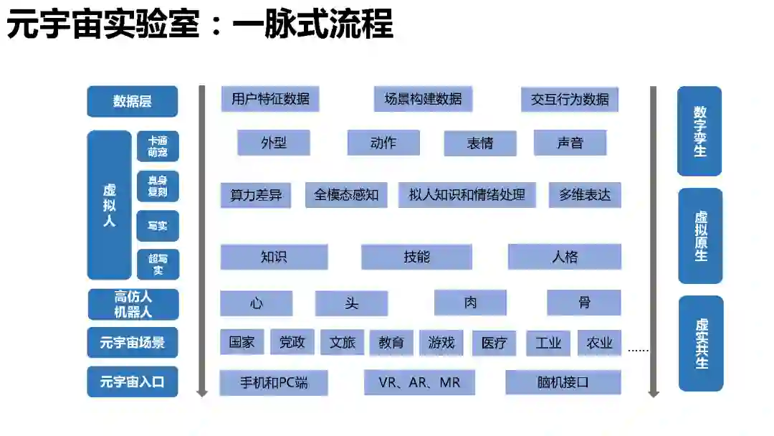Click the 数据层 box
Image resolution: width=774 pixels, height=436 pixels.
click(132, 101)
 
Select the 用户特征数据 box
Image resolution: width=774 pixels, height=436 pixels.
click(270, 99)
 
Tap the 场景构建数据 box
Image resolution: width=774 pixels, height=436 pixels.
click(423, 99)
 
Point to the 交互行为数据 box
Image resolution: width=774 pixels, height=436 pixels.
click(570, 100)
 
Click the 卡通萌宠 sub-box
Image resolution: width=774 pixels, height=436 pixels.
click(158, 146)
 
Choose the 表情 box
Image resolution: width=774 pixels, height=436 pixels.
click(480, 143)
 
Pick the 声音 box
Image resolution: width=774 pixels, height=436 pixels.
click(570, 143)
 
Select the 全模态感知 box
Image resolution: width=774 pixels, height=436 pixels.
click(346, 195)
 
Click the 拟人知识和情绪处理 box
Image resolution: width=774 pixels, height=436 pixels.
click(467, 195)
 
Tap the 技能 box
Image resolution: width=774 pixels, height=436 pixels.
click(416, 257)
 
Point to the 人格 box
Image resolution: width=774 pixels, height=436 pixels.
click(565, 257)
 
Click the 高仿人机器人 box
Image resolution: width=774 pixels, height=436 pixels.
click(133, 304)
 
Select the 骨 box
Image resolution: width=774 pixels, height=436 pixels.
click(584, 303)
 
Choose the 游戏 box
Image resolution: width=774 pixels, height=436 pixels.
click(441, 343)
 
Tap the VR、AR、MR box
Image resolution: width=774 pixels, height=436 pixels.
click(419, 382)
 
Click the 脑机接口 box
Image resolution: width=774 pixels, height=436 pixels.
click(563, 382)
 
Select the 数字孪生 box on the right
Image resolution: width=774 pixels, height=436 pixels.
click(699, 131)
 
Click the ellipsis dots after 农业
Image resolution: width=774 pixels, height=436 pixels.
click(638, 351)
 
